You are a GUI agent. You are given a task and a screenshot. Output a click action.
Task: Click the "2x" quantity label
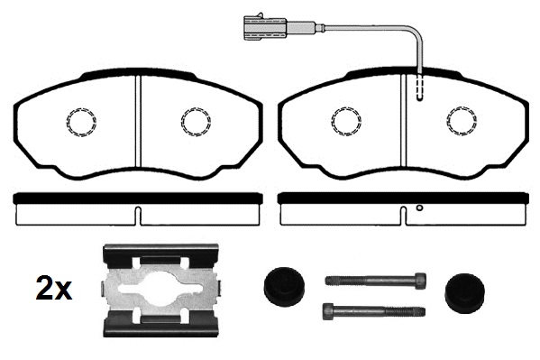(54, 289)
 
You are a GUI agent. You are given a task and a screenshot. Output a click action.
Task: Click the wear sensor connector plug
(264, 27)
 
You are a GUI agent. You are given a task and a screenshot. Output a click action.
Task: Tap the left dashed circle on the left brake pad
(81, 122)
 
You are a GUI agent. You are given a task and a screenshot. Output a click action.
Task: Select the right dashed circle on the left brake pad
(196, 121)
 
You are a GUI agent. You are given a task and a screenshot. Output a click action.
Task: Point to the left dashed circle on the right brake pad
(346, 121)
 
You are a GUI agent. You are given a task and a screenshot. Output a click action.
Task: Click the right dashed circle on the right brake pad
(462, 121)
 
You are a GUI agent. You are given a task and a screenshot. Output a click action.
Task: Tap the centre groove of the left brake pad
(138, 121)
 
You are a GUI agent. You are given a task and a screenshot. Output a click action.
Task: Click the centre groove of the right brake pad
(404, 121)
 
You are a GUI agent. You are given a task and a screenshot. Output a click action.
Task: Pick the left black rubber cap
(284, 287)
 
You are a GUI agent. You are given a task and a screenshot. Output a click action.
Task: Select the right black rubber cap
(464, 292)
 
